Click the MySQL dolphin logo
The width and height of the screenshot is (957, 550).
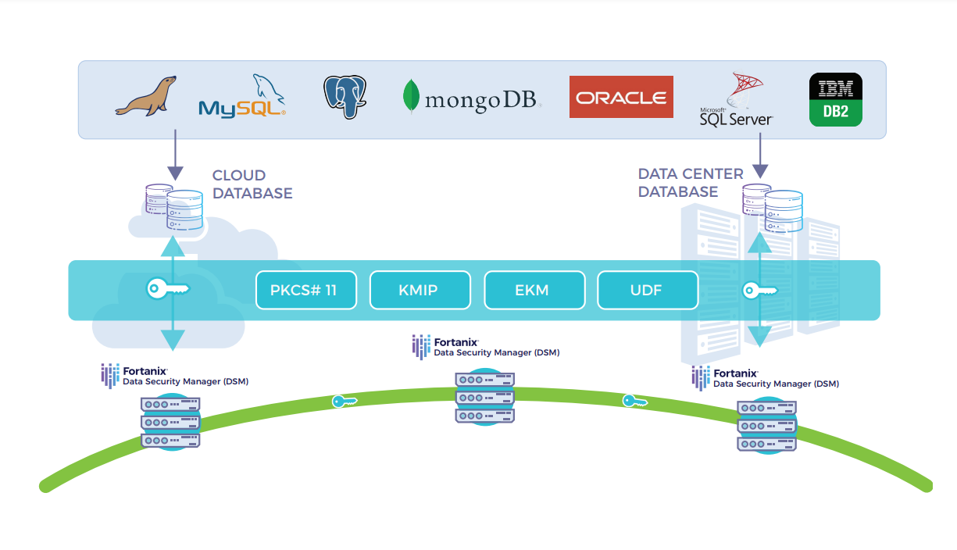click(x=242, y=98)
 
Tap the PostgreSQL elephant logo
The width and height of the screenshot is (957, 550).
click(x=345, y=97)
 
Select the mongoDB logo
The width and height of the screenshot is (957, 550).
click(x=472, y=98)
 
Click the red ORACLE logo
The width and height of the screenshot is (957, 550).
click(x=621, y=97)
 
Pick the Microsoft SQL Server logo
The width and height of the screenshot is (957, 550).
click(x=736, y=99)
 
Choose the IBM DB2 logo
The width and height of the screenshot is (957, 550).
click(x=836, y=99)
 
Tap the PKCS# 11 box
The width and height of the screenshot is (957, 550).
click(x=306, y=291)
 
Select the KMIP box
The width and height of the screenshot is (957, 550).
click(x=420, y=291)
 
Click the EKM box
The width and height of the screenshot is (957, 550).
click(x=534, y=291)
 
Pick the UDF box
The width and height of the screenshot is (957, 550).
click(x=647, y=291)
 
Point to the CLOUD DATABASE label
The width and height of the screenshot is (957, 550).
click(x=252, y=184)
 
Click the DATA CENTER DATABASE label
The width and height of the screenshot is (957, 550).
click(x=690, y=183)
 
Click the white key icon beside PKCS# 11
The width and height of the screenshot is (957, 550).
click(x=168, y=290)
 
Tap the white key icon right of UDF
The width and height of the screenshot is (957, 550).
click(x=759, y=291)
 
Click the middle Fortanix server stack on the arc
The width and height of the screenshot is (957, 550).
click(x=484, y=398)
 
